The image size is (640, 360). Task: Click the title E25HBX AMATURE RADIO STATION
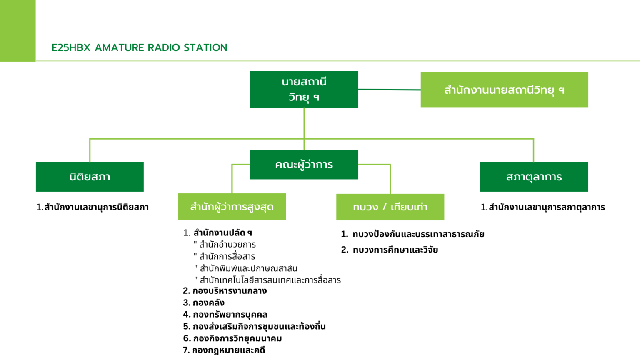(x=139, y=47)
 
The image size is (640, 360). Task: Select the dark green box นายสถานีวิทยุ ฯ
(x=304, y=89)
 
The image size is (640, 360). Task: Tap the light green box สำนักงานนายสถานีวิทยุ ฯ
(x=504, y=90)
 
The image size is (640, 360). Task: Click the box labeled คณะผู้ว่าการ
(x=304, y=165)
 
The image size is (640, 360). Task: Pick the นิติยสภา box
(x=90, y=177)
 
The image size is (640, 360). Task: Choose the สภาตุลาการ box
(x=534, y=177)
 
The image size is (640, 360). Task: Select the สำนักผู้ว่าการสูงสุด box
(x=232, y=207)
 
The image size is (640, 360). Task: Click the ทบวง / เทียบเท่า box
(x=390, y=207)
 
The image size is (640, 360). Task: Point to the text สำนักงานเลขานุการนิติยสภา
(x=96, y=207)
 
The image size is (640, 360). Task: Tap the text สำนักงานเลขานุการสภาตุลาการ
(x=546, y=207)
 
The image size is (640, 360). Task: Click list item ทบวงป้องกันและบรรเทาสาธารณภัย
(x=418, y=234)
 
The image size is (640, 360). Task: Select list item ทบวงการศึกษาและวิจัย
(x=395, y=250)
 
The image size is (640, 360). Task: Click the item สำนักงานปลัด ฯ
(x=222, y=233)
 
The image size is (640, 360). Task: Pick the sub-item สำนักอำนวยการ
(x=227, y=245)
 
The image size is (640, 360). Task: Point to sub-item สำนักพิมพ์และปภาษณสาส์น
(x=248, y=268)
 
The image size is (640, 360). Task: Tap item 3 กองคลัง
(x=208, y=303)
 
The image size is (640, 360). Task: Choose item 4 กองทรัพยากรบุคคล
(x=230, y=315)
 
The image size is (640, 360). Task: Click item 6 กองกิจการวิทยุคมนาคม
(x=237, y=338)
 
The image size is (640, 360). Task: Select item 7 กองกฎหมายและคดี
(x=228, y=350)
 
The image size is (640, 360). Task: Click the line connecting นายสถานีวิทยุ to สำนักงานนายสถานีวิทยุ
(x=389, y=90)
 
